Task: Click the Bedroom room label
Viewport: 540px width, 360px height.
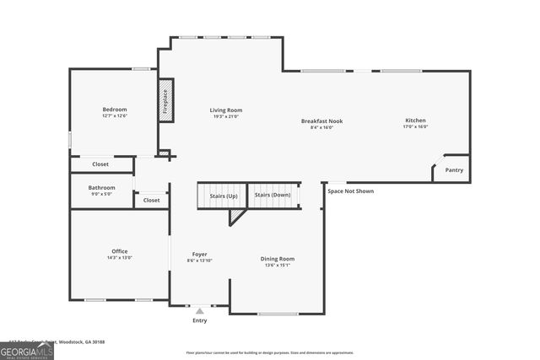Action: tap(115, 110)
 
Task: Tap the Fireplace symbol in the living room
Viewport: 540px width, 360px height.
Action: tap(166, 100)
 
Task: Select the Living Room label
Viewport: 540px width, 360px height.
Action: tap(226, 110)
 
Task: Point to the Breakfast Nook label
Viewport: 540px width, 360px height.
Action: tap(321, 121)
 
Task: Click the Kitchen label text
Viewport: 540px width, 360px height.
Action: tap(415, 121)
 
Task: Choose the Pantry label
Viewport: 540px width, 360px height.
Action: tap(454, 169)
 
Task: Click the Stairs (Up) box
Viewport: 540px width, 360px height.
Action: tap(223, 196)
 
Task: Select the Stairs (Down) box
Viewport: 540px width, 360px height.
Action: tap(273, 196)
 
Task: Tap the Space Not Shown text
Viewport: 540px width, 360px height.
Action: tap(350, 191)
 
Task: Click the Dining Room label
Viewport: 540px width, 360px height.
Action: tap(277, 259)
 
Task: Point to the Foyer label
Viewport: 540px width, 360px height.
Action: tap(199, 254)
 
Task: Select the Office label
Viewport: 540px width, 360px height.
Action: tap(120, 250)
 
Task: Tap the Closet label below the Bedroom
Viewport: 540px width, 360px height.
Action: tap(100, 164)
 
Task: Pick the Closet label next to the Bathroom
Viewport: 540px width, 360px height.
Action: tap(151, 201)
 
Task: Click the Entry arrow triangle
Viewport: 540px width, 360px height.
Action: tap(200, 311)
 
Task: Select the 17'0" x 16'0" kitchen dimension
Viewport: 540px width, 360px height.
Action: tap(415, 126)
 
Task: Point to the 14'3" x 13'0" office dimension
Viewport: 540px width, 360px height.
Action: tap(120, 257)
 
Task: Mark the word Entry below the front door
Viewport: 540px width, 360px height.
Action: tap(200, 320)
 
